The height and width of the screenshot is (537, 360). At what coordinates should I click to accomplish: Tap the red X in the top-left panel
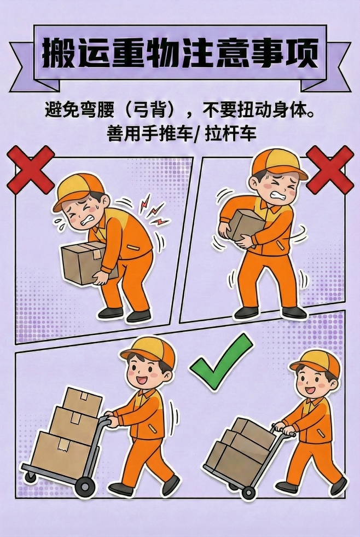[31, 170]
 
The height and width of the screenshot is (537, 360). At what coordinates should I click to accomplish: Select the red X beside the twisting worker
[329, 170]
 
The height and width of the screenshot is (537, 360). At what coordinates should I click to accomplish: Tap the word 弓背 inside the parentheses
[150, 111]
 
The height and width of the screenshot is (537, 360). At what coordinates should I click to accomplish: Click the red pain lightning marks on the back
[153, 211]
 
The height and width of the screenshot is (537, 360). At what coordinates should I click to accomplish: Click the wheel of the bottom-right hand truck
[248, 492]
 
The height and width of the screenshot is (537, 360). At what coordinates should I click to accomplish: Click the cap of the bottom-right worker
[316, 361]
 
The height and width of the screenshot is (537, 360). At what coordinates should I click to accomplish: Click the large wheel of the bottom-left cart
[85, 485]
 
